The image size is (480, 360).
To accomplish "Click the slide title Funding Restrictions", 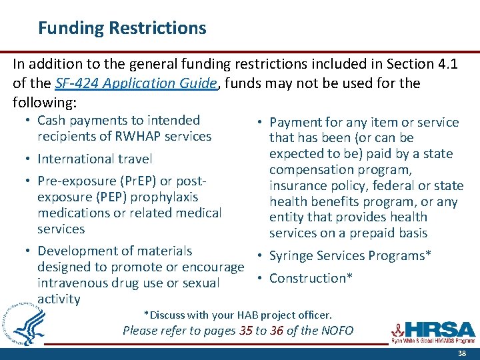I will click(122, 28).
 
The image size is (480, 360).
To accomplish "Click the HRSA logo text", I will click(441, 329).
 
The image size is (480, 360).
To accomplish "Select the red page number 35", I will click(246, 331).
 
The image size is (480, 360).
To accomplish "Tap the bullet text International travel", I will click(95, 159).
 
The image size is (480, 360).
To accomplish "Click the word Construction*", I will click(311, 278).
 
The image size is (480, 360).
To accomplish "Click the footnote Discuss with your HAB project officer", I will click(238, 315).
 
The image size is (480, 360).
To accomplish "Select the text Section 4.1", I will click(426, 63).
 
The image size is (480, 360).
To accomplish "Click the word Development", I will click(77, 251).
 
